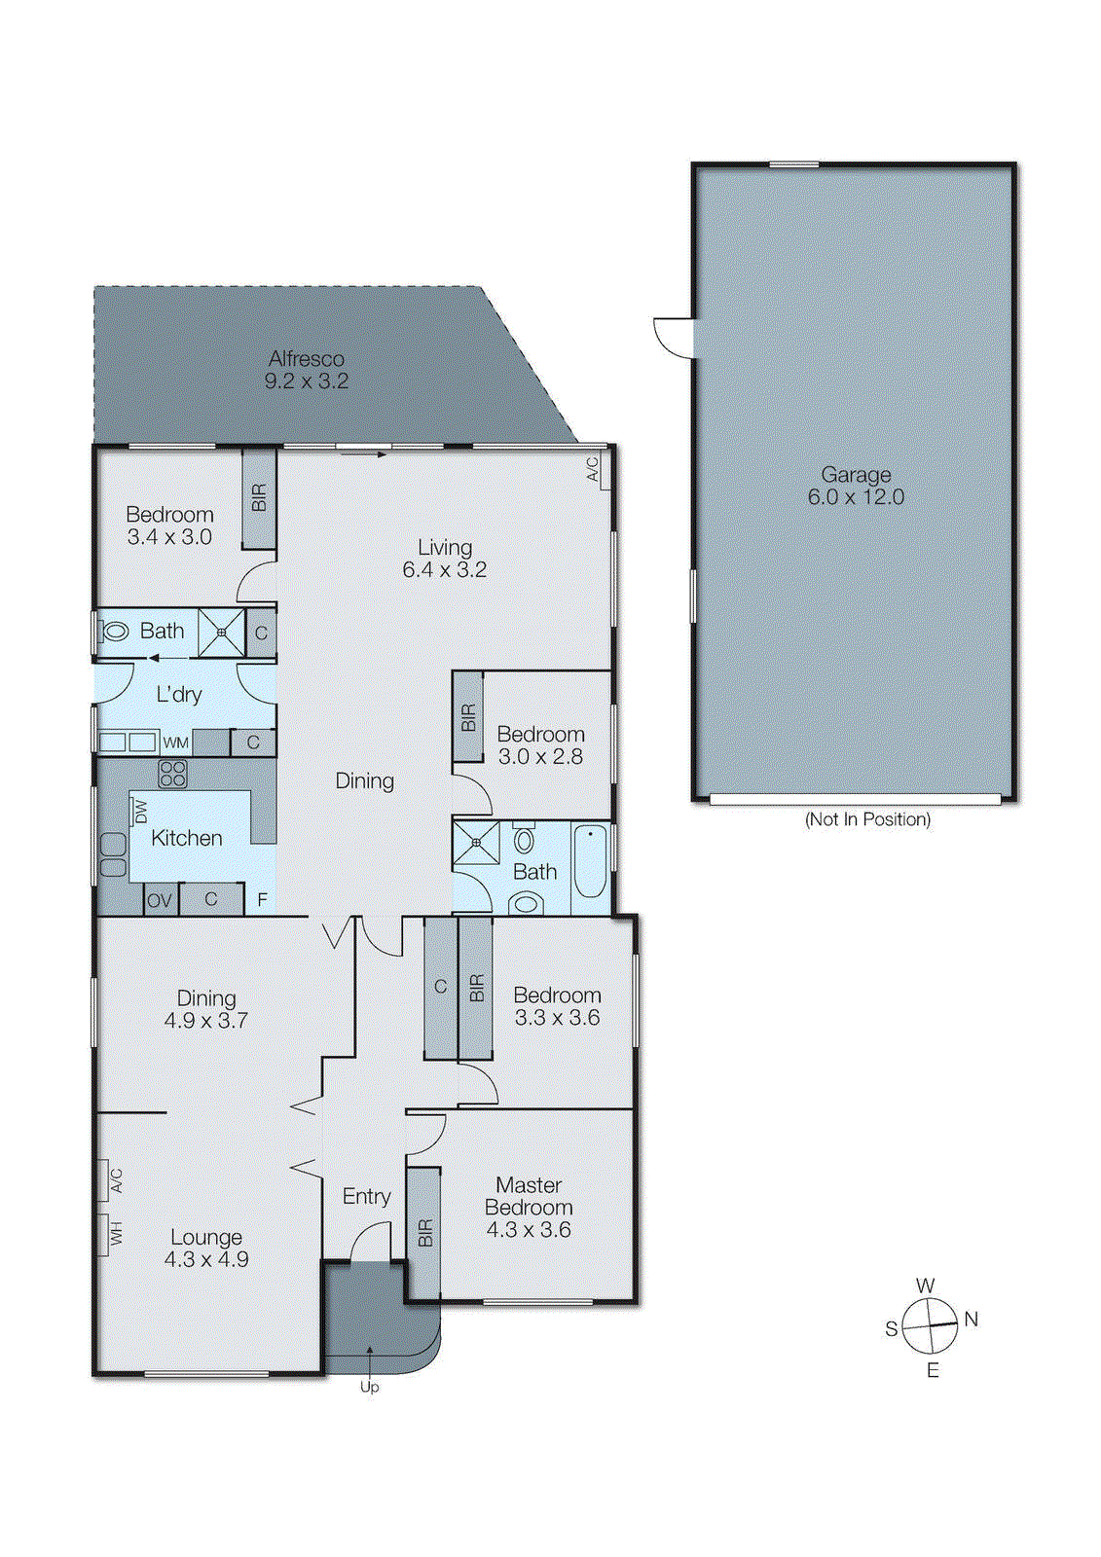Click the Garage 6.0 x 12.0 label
856,486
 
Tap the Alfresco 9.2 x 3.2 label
306,370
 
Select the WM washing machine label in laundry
175,743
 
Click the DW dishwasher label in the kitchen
140,811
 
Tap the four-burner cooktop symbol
172,774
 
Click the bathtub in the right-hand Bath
590,861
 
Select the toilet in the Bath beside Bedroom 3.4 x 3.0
115,632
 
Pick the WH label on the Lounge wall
116,1234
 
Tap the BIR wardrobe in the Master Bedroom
424,1233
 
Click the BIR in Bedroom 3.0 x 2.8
468,718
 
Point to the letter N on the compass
971,1320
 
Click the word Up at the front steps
369,1387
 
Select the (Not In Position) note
866,819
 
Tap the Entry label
366,1197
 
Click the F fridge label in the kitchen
262,900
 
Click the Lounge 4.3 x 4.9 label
206,1248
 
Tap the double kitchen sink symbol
113,855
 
